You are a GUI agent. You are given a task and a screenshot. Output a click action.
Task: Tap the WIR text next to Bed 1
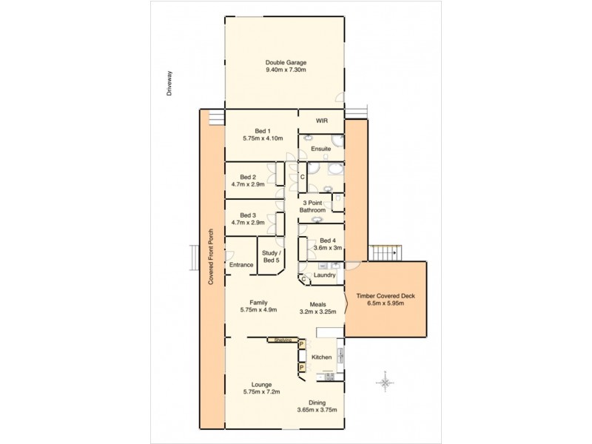click(320, 121)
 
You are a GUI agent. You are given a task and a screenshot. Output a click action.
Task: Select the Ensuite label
click(320, 148)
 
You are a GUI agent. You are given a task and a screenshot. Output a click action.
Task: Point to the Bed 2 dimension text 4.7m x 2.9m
click(248, 184)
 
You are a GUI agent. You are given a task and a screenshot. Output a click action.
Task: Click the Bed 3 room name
click(248, 215)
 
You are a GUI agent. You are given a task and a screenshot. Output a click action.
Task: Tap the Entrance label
click(240, 264)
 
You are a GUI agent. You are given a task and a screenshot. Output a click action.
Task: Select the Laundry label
click(325, 275)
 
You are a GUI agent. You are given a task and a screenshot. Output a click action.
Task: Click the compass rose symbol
click(385, 383)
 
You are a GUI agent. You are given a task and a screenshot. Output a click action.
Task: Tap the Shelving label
click(282, 340)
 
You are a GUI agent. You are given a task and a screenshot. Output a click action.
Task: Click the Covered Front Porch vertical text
click(211, 256)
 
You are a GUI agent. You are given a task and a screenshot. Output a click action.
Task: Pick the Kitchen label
click(321, 357)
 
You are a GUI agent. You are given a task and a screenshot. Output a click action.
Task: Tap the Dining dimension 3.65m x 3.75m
click(317, 409)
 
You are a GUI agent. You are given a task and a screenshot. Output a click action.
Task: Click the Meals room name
click(320, 303)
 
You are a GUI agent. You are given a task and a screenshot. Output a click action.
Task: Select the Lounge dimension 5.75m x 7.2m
click(260, 392)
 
